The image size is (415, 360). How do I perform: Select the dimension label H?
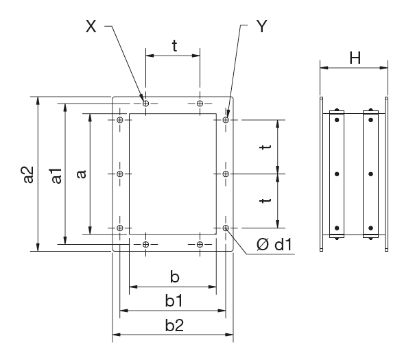[355, 58]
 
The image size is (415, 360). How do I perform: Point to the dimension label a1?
[57, 176]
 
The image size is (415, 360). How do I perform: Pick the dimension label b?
[175, 276]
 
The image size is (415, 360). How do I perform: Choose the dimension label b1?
[174, 301]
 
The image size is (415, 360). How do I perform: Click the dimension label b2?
[174, 326]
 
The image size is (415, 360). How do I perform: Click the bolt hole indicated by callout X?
[145, 104]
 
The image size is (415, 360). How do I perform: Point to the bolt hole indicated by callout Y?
[226, 120]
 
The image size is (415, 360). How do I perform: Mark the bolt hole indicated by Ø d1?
[226, 228]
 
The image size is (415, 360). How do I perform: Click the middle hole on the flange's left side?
[120, 174]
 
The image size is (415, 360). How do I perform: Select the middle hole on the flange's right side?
[226, 174]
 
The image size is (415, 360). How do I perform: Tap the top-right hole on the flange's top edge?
[200, 104]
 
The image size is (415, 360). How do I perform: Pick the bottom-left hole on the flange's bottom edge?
[145, 244]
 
